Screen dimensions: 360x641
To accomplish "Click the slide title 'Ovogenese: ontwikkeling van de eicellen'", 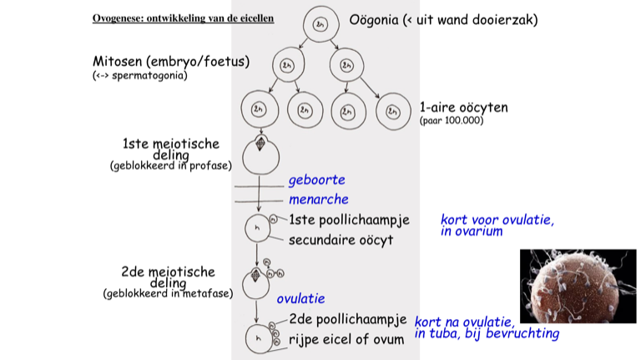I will tap(183, 18).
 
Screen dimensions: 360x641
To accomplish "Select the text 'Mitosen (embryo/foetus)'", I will tap(171, 62).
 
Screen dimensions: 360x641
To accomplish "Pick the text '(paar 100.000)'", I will tap(452, 121).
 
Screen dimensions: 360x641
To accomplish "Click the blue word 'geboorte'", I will tap(316, 180).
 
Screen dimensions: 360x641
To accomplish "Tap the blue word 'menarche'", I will tap(318, 200).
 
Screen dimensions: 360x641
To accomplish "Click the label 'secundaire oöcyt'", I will tap(341, 241).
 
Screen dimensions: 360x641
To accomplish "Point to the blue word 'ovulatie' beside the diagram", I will tap(300, 298).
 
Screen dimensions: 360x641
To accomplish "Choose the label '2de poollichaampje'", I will tap(348, 319).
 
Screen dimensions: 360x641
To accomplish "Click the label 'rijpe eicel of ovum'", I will tap(347, 339).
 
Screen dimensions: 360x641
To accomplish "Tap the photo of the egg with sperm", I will tap(578, 286).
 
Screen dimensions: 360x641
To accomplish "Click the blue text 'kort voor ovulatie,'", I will tap(497, 221).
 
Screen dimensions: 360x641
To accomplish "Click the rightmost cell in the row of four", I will tap(390, 109).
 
